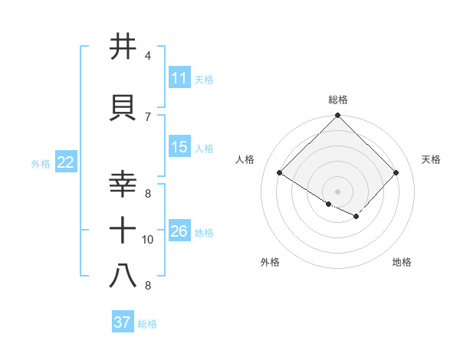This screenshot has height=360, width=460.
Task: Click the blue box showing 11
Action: [x=179, y=78]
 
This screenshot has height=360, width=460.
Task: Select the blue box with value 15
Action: [x=179, y=147]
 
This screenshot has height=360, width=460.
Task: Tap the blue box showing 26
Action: [x=179, y=231]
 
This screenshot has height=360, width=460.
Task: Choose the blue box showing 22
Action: [x=66, y=162]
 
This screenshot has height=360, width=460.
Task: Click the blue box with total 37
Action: [x=123, y=322]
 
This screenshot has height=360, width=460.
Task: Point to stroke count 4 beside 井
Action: [x=148, y=56]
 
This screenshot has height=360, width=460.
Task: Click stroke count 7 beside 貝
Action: [x=148, y=116]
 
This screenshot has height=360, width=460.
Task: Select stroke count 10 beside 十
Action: [x=148, y=240]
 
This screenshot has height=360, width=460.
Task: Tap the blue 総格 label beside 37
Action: [x=147, y=324]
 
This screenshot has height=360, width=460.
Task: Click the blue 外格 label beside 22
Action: [x=41, y=163]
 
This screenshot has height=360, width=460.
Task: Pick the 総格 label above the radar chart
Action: [x=338, y=100]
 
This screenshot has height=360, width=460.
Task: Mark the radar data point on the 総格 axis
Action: [x=338, y=116]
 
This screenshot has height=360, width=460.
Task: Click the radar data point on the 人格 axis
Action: [x=280, y=172]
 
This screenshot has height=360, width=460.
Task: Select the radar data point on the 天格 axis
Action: [x=396, y=172]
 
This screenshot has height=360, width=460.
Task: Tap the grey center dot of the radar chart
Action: [x=338, y=191]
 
